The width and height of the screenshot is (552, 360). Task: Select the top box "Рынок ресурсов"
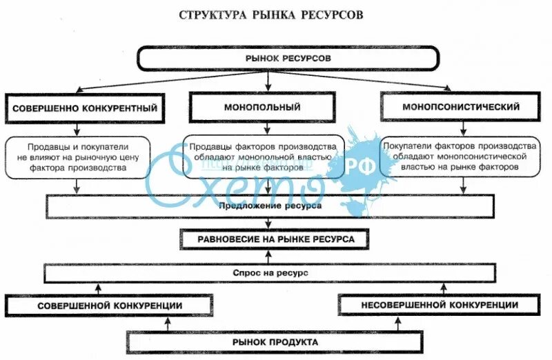point(288,59)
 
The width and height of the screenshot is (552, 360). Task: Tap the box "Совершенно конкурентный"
point(83,108)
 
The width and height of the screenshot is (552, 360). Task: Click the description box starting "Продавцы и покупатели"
point(77,157)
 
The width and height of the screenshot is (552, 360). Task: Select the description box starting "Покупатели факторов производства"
point(460,157)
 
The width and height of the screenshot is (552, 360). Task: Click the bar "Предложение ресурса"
point(270,206)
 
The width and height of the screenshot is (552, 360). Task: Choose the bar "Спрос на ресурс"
point(270,273)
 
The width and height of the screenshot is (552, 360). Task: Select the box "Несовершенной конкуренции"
point(439,305)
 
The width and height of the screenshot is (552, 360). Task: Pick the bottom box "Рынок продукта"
point(275,342)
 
